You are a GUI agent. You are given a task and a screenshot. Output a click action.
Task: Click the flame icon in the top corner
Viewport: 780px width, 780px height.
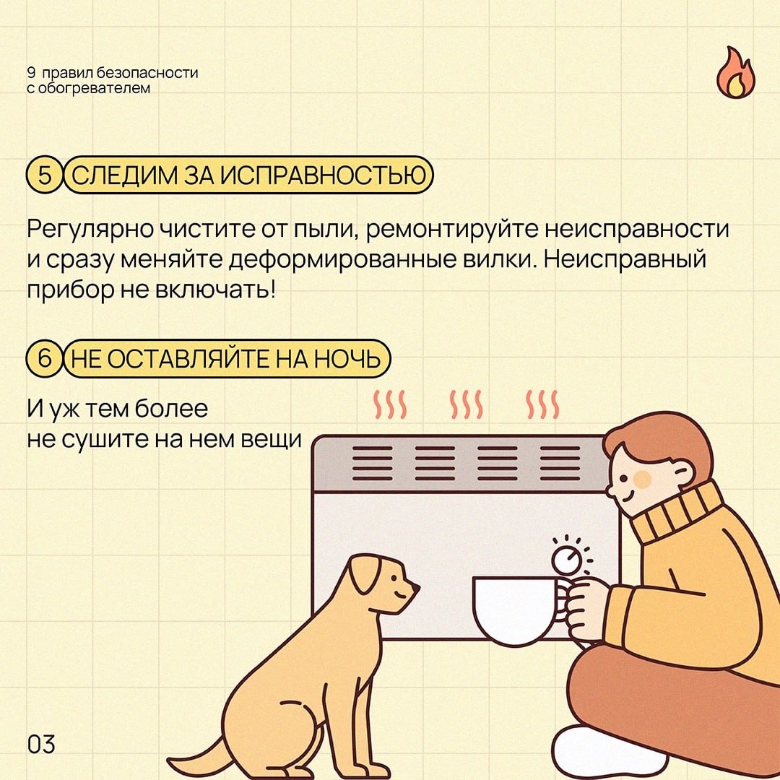[x=736, y=73]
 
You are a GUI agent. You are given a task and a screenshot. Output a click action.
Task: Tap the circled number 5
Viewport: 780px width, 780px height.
[x=45, y=175]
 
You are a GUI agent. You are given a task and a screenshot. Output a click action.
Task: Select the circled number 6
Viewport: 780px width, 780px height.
[x=45, y=357]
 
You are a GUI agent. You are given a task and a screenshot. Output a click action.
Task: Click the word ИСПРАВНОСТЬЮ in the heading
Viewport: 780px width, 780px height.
[x=324, y=175]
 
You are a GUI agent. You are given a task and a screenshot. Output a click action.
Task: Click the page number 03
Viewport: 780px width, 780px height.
[x=41, y=744]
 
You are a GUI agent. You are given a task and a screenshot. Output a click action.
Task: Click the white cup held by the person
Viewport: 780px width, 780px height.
[x=519, y=610]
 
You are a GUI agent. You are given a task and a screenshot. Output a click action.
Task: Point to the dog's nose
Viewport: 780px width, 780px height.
[x=415, y=589]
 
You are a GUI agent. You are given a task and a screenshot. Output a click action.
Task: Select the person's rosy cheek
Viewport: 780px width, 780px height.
[x=642, y=479]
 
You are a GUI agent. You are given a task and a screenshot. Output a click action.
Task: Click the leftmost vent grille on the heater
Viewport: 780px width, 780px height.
[x=373, y=463]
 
